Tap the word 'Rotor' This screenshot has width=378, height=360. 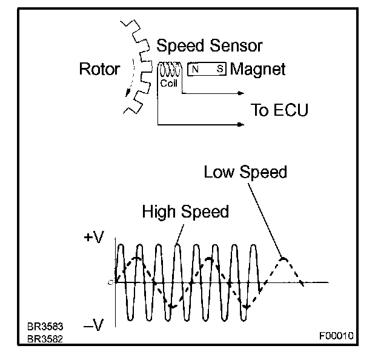pyautogui.click(x=100, y=69)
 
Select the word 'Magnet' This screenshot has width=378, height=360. pyautogui.click(x=257, y=69)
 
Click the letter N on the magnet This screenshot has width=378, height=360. pyautogui.click(x=196, y=70)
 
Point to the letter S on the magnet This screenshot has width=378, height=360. pyautogui.click(x=219, y=70)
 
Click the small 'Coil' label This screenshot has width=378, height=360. pyautogui.click(x=168, y=84)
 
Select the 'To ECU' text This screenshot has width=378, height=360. pyautogui.click(x=279, y=111)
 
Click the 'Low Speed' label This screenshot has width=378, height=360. pyautogui.click(x=245, y=172)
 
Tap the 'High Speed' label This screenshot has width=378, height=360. pyautogui.click(x=185, y=212)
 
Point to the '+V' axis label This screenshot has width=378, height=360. pyautogui.click(x=94, y=238)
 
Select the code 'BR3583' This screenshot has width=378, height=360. pyautogui.click(x=45, y=327)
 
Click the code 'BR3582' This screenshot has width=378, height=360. pyautogui.click(x=45, y=338)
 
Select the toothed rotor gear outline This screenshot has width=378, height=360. pyautogui.click(x=137, y=67)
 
